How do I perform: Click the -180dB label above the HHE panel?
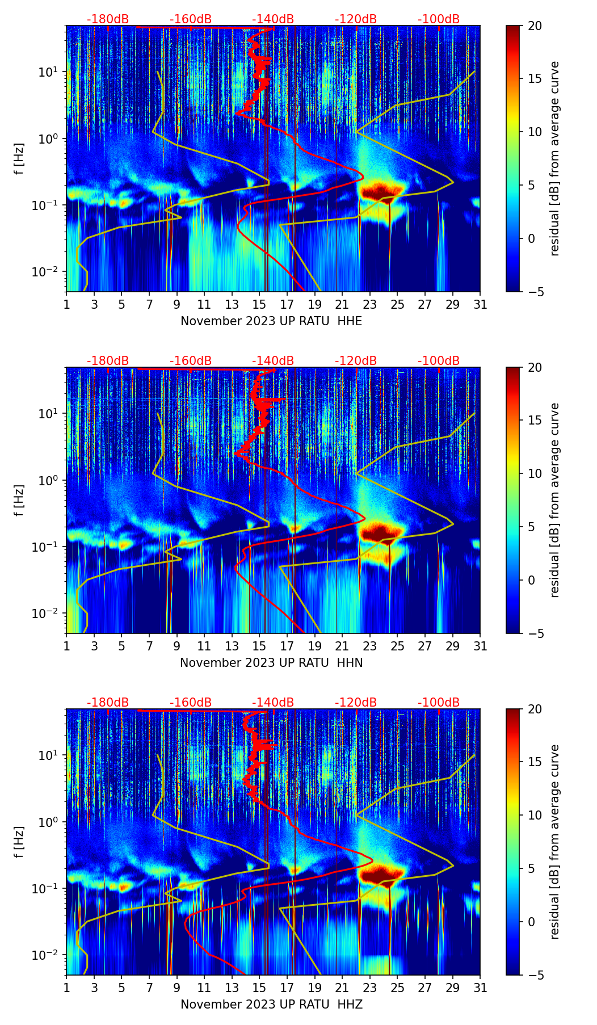pyautogui.click(x=108, y=19)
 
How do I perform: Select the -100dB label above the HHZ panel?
pyautogui.click(x=439, y=703)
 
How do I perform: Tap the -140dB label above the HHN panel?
pyautogui.click(x=273, y=361)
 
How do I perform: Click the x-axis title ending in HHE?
pyautogui.click(x=271, y=321)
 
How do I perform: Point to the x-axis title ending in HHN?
pyautogui.click(x=271, y=663)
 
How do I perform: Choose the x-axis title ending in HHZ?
pyautogui.click(x=271, y=1005)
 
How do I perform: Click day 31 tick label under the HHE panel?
pyautogui.click(x=480, y=304)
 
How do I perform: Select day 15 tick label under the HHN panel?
pyautogui.click(x=259, y=646)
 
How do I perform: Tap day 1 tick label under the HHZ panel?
pyautogui.click(x=67, y=988)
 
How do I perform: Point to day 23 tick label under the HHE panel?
pyautogui.click(x=370, y=304)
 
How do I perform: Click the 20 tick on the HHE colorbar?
pyautogui.click(x=535, y=26)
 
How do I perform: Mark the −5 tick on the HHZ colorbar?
pyautogui.click(x=535, y=975)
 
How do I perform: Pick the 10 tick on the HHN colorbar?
pyautogui.click(x=535, y=473)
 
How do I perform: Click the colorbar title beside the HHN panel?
pyautogui.click(x=554, y=500)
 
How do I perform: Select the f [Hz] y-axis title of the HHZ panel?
pyautogui.click(x=19, y=842)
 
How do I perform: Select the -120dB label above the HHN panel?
pyautogui.click(x=356, y=361)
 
